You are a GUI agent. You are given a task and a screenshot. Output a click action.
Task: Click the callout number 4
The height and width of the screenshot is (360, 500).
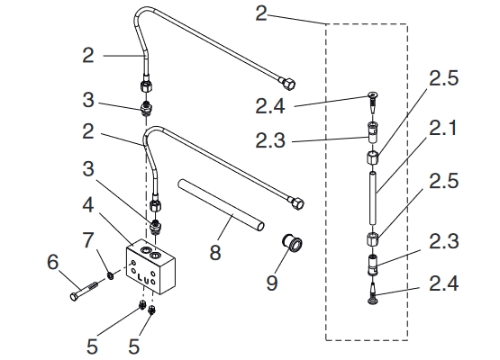(x=88, y=204)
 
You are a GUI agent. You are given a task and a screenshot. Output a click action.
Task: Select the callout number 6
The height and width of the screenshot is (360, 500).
(x=53, y=262)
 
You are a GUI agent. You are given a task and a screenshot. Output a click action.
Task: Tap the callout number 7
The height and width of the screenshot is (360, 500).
(x=88, y=240)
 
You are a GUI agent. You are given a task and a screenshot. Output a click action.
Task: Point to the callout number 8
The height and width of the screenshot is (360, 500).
(x=215, y=252)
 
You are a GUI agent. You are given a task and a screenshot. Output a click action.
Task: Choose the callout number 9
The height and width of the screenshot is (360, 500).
(x=272, y=283)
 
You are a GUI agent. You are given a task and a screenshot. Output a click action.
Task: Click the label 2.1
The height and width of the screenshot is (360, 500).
(x=443, y=129)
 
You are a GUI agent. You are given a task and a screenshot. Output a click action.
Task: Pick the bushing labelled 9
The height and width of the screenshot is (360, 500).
(x=292, y=244)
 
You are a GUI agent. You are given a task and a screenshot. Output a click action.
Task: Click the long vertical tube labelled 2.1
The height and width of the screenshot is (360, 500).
(x=373, y=197)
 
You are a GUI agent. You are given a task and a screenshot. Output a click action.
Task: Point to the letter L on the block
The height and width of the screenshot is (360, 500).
(x=140, y=278)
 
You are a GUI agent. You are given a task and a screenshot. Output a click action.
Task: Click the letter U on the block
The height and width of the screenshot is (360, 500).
(x=146, y=277)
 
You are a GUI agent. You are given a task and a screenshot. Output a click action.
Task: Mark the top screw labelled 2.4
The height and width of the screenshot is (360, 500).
(x=372, y=102)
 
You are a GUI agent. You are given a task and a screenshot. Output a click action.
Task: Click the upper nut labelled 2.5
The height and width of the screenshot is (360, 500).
(x=372, y=157)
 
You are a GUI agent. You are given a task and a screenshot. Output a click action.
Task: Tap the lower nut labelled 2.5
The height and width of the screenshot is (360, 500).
(x=372, y=238)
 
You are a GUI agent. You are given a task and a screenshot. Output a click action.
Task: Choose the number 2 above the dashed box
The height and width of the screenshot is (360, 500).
(x=261, y=13)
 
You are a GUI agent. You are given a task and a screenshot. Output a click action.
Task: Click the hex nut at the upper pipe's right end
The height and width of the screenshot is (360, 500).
(x=287, y=83)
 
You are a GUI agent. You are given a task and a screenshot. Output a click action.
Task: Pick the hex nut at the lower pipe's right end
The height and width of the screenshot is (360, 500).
(x=296, y=203)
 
